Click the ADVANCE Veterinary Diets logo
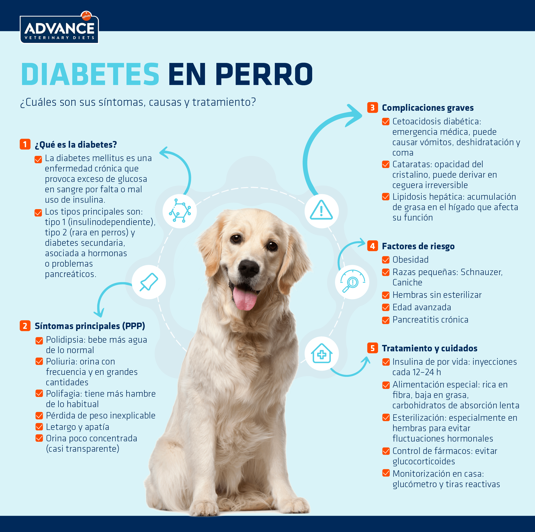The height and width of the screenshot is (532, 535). click(x=59, y=28)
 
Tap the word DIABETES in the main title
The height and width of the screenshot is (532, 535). click(x=90, y=74)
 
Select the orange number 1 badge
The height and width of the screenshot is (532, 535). click(x=25, y=144)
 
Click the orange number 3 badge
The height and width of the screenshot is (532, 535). click(x=372, y=107)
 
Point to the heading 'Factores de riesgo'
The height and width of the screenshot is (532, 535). click(x=418, y=246)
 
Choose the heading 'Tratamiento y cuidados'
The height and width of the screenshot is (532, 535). click(x=430, y=348)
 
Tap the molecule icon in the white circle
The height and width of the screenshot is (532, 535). click(x=180, y=211)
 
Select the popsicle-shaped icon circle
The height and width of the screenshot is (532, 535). click(x=149, y=282)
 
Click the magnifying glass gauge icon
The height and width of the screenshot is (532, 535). click(x=352, y=281)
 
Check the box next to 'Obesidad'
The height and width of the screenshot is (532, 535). click(x=386, y=260)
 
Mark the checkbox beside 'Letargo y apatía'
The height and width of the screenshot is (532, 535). click(x=39, y=427)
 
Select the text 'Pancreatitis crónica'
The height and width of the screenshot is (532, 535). click(x=430, y=320)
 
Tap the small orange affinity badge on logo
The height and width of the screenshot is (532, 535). click(x=86, y=16)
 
